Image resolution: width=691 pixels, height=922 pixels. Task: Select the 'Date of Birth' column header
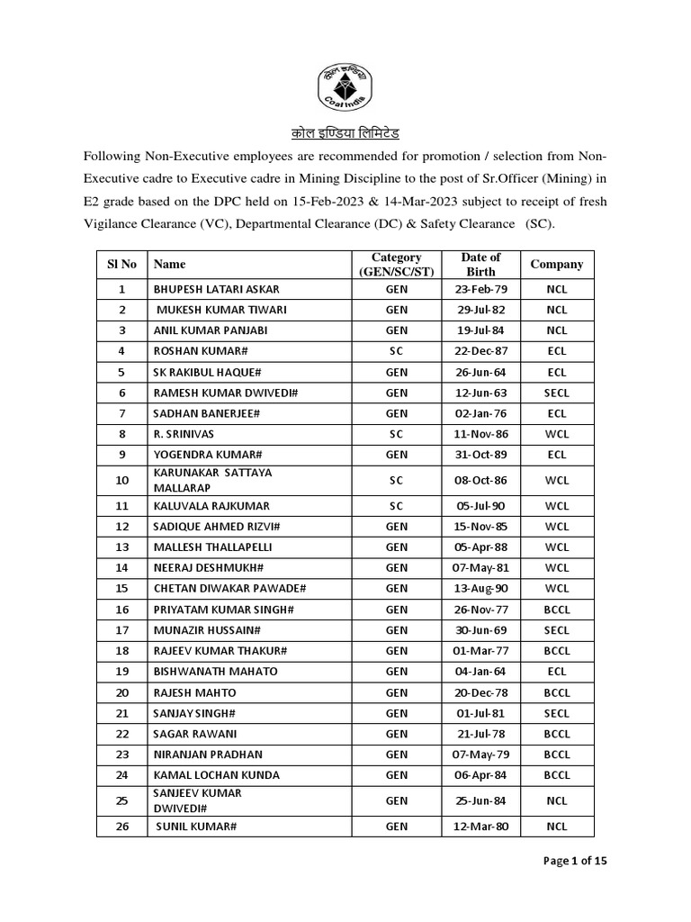click(x=480, y=264)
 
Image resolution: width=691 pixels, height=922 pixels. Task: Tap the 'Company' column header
click(x=556, y=264)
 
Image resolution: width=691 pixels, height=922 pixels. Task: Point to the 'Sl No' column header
click(x=121, y=264)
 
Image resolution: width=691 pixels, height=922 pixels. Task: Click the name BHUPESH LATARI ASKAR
click(x=217, y=289)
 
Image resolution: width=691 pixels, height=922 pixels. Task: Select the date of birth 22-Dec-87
click(x=480, y=351)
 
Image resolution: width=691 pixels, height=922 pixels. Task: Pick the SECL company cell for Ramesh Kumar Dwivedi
click(x=556, y=393)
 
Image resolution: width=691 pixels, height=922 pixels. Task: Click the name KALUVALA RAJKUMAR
click(x=211, y=506)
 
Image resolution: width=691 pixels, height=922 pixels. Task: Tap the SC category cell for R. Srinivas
click(x=397, y=434)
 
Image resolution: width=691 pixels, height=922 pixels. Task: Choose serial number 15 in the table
click(x=121, y=588)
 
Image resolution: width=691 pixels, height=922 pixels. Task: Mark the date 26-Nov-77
click(x=480, y=609)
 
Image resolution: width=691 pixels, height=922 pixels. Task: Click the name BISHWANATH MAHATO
click(x=215, y=671)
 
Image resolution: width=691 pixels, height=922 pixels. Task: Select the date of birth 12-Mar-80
click(x=480, y=826)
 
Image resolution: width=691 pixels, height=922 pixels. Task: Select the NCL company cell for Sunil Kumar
click(x=556, y=826)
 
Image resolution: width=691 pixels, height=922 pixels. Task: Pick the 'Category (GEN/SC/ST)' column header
click(x=397, y=264)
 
